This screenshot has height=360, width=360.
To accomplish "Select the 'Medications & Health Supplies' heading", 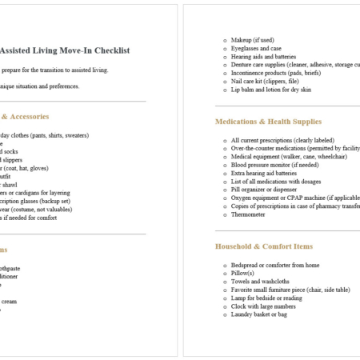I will (x=268, y=122).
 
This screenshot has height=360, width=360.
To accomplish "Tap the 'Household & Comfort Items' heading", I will (x=263, y=246).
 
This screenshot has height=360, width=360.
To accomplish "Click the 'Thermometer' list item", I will (x=249, y=214).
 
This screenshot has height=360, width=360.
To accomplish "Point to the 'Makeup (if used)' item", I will (x=254, y=39).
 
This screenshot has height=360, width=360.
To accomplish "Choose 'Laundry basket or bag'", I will (x=262, y=314).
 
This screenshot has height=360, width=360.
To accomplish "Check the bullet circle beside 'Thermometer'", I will (x=223, y=214).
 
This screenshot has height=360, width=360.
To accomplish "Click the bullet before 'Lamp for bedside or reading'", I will (x=223, y=298).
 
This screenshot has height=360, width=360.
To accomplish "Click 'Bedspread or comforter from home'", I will (x=275, y=265).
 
